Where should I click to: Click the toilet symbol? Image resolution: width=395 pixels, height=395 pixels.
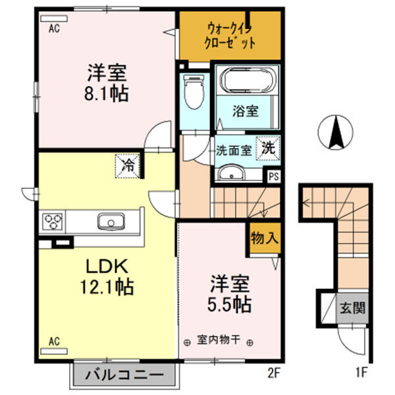(194, 92)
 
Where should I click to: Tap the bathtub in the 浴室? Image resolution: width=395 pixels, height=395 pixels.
(248, 80)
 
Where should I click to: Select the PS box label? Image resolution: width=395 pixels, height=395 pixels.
(274, 176)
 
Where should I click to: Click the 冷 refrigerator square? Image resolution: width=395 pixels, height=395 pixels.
(128, 167)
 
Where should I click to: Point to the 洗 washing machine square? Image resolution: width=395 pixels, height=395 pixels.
(268, 148)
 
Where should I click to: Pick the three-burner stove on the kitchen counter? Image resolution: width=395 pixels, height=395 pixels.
(53, 222)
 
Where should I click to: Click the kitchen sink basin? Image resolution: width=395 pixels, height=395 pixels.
(111, 221)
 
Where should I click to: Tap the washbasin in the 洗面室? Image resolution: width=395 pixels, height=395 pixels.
(231, 172)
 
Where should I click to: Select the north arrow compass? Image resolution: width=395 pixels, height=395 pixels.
(335, 132)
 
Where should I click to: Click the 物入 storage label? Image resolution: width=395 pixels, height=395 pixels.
(265, 238)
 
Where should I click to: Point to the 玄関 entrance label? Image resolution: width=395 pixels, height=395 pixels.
(352, 307)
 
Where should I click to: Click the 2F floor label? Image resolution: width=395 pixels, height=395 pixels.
(274, 373)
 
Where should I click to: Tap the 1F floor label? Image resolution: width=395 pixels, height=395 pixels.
(361, 373)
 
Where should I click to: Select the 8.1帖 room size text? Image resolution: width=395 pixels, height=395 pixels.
(106, 94)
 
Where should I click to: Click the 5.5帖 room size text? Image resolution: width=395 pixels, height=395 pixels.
(229, 304)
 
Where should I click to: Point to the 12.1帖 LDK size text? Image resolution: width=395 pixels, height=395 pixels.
(107, 287)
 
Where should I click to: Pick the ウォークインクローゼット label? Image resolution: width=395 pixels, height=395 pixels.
(230, 36)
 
